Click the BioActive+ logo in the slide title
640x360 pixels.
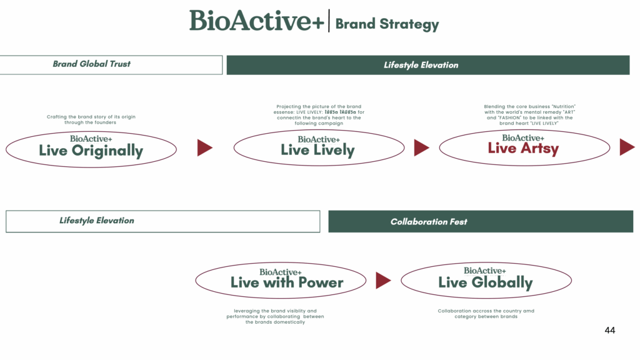(257, 21)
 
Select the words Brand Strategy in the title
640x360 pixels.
(387, 24)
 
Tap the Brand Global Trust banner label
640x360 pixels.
(91, 64)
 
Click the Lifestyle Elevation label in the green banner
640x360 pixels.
(421, 65)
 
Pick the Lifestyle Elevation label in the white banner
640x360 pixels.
(97, 221)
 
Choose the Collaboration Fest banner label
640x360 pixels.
(429, 222)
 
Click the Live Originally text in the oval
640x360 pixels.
(91, 151)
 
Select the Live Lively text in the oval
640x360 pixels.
(317, 150)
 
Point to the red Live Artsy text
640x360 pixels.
(523, 148)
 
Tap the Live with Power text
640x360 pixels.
(287, 282)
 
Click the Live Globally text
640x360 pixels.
(485, 282)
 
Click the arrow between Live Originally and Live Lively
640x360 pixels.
(204, 147)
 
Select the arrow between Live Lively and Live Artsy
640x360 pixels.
(421, 147)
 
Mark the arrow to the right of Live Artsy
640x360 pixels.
(626, 147)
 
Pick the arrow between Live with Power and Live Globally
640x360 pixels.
(382, 281)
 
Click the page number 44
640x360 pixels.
(610, 330)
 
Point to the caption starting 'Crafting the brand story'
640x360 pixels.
(91, 119)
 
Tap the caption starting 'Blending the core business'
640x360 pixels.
(529, 115)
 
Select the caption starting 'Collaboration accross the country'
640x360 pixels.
(486, 314)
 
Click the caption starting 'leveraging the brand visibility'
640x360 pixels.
(275, 316)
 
